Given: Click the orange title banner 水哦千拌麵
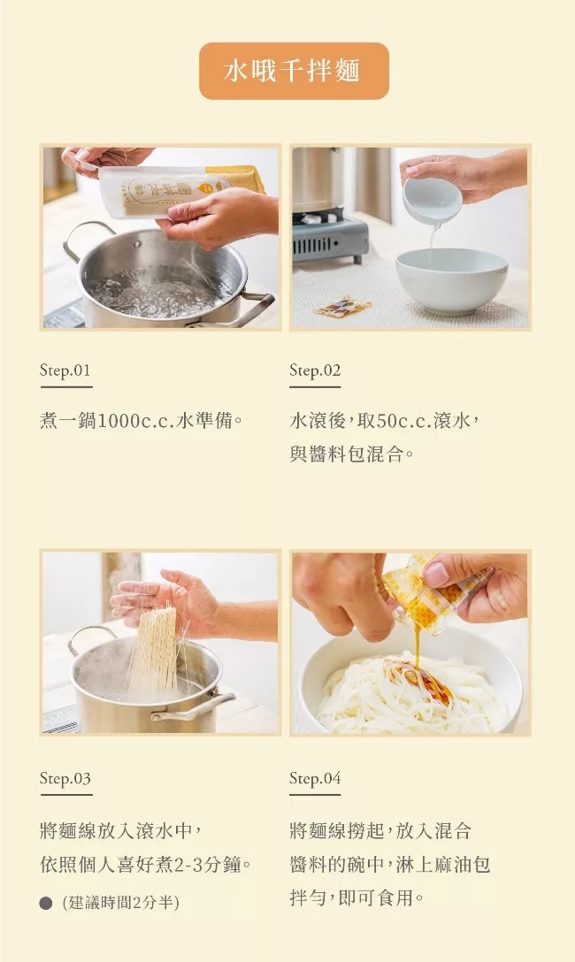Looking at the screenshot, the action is coord(294,71).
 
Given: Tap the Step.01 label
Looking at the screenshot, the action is coord(65,370).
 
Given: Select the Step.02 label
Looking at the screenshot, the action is coord(315,370).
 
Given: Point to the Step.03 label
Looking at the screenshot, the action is coord(65,778).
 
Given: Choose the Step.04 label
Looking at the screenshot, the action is coord(315,778).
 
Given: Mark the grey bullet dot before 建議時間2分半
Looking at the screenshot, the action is coord(45,903).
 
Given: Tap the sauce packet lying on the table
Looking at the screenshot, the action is coord(343,306).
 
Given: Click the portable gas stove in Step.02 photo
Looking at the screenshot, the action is coord(330,236).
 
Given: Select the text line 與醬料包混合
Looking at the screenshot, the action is coord(351,454).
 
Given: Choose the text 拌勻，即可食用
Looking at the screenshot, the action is coord(356,898).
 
